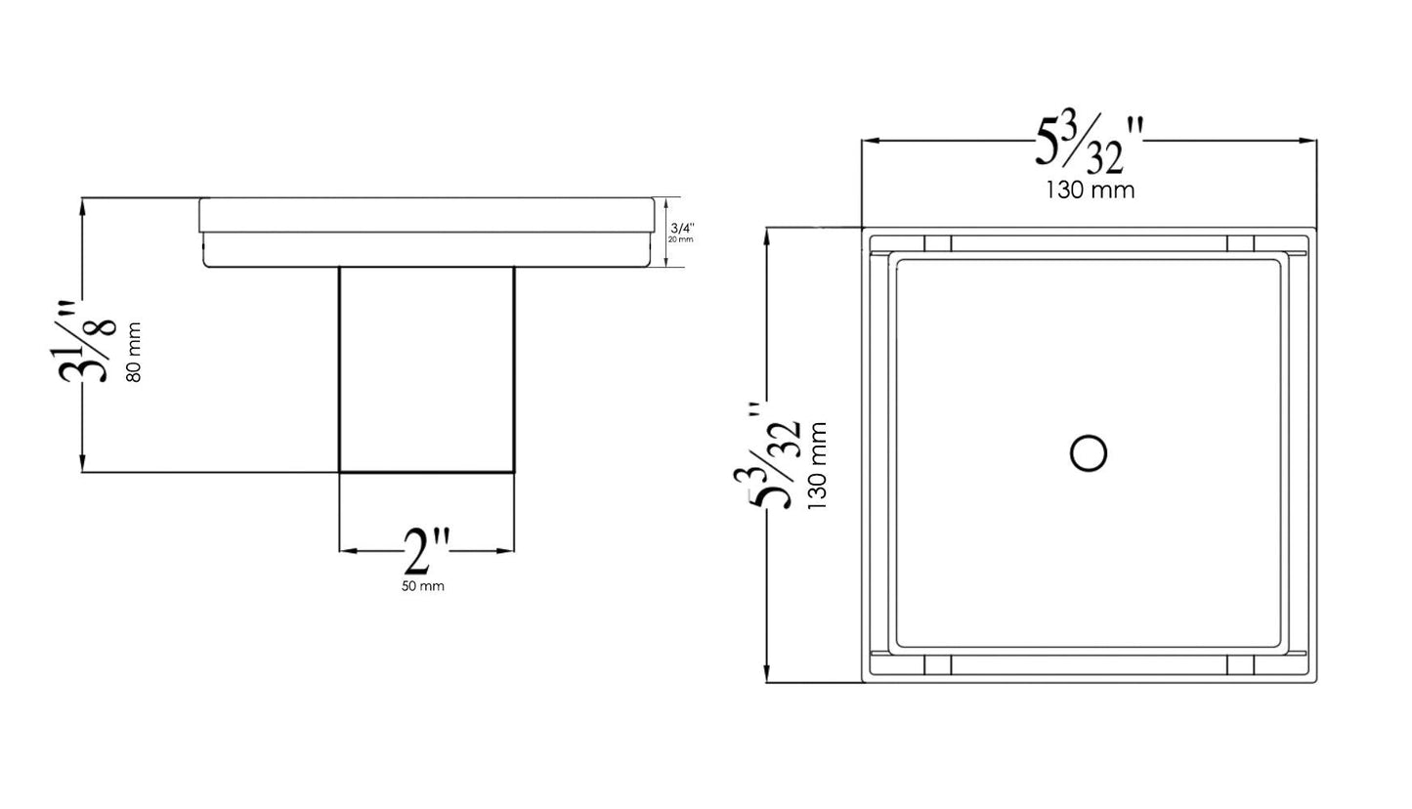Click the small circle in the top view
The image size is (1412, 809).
[x=1088, y=454]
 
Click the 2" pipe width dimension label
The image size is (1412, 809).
[x=426, y=553]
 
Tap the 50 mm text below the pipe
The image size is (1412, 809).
[x=422, y=586]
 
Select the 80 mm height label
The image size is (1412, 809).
[x=134, y=352]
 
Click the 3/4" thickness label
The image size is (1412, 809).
[x=682, y=229]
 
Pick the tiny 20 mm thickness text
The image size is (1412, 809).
[x=681, y=239]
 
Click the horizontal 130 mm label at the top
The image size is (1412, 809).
[x=1091, y=191]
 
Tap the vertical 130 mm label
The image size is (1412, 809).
[x=817, y=465]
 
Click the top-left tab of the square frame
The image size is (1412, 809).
[x=938, y=243]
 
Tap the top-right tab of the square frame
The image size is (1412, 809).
[x=1240, y=243]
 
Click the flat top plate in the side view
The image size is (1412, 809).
[x=426, y=215]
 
